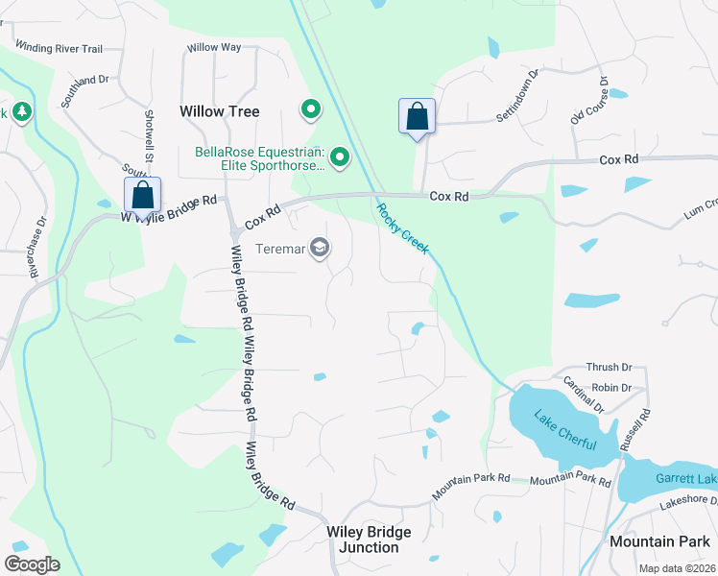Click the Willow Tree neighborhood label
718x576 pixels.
220,111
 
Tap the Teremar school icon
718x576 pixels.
320,249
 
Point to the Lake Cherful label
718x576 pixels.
565,432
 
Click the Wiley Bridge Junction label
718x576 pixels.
369,540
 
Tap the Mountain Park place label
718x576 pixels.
659,541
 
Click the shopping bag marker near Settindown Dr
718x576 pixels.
418,118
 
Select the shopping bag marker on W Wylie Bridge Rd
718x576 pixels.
142,196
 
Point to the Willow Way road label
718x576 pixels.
214,47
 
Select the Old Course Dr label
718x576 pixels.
589,101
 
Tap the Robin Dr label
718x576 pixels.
611,388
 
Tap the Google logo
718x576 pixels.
33,564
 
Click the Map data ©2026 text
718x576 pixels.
676,568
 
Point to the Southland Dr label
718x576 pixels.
84,87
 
